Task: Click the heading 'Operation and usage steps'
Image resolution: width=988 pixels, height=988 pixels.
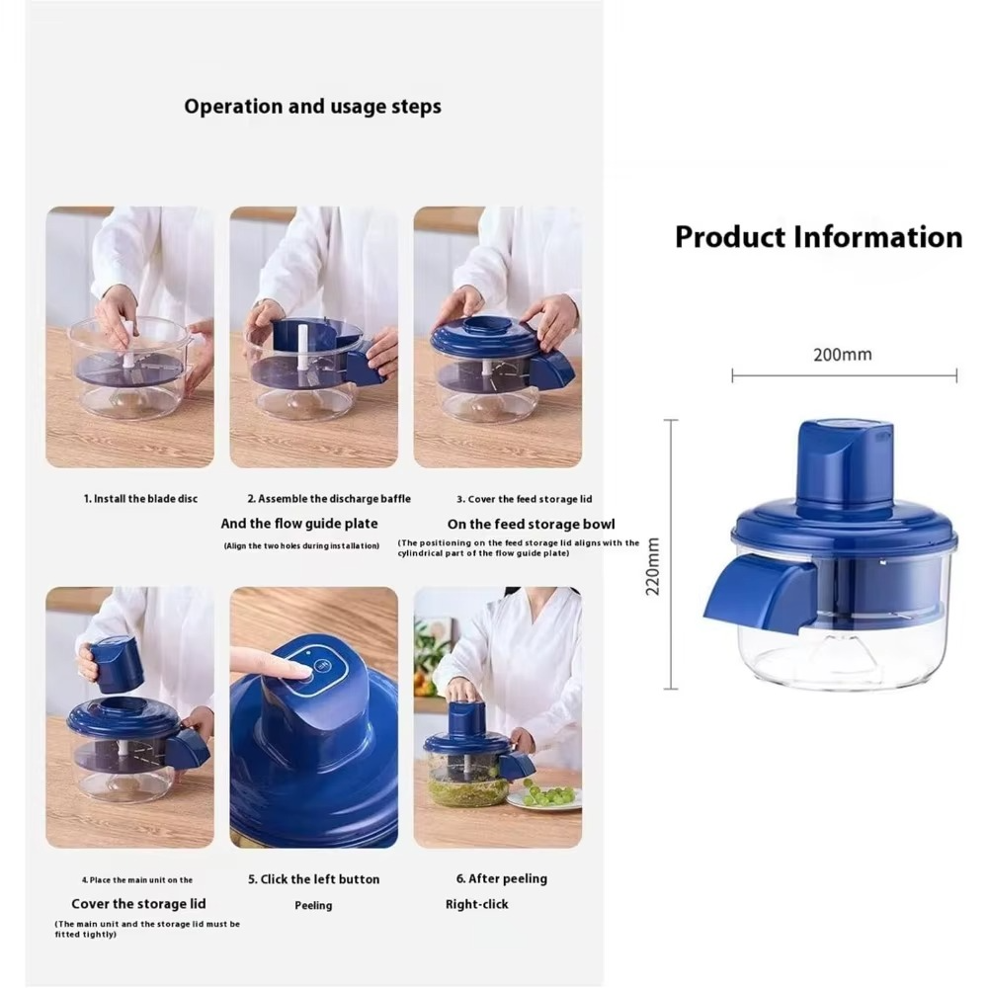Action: coord(312,107)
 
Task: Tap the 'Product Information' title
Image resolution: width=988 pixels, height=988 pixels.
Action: coord(818,237)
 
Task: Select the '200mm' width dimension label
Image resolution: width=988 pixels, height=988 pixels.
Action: coord(842,355)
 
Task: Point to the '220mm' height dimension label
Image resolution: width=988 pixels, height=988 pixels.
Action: coord(653,566)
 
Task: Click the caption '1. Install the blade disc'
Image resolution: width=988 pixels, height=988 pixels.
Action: coord(140,499)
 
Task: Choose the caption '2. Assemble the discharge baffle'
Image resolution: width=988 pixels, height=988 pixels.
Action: coord(328,499)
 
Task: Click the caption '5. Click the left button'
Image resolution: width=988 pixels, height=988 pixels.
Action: coord(313,879)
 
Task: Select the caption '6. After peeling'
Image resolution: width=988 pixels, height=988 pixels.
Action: coord(501,878)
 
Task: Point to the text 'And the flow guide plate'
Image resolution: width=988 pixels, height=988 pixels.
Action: coord(298,524)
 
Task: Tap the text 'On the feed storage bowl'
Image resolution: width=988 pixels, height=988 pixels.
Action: coord(531,524)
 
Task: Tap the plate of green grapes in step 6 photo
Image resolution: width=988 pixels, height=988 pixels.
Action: coord(546,795)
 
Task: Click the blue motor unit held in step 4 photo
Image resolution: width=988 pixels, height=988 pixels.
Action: coord(117,664)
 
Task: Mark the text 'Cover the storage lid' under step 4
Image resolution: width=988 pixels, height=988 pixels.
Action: coord(137,904)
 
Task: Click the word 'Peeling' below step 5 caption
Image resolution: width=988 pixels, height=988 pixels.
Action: coord(313,905)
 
